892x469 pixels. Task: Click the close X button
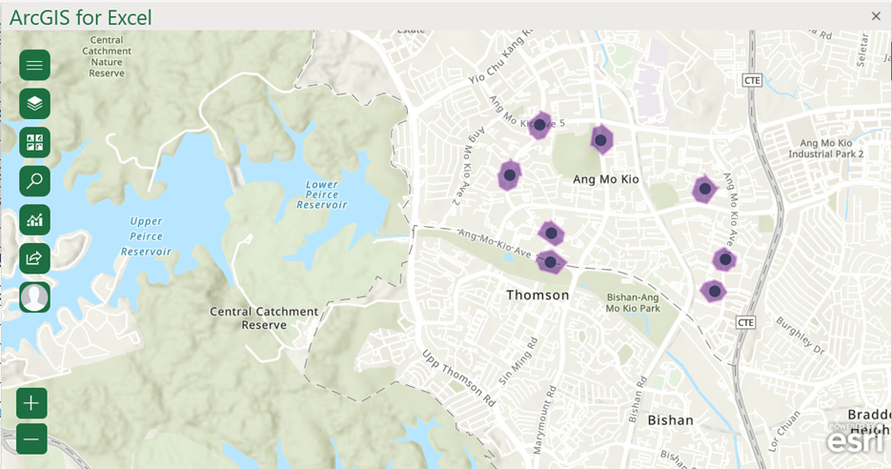tap(876, 16)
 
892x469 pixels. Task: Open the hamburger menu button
tap(34, 65)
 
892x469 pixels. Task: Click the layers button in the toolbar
tap(34, 104)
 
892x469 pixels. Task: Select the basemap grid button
tap(34, 143)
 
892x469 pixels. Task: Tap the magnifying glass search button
tap(34, 181)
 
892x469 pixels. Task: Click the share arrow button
tap(34, 258)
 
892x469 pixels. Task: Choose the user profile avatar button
tap(34, 297)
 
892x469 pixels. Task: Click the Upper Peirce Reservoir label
tap(146, 236)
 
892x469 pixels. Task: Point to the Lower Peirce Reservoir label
tap(316, 194)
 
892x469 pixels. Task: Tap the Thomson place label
tap(537, 296)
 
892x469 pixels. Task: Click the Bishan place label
tap(670, 419)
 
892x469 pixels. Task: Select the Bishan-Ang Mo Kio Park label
tap(633, 302)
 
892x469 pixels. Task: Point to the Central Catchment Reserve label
tap(264, 317)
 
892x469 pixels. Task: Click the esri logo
tap(849, 441)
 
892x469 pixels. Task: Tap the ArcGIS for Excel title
tap(81, 16)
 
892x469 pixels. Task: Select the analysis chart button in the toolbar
tap(34, 220)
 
